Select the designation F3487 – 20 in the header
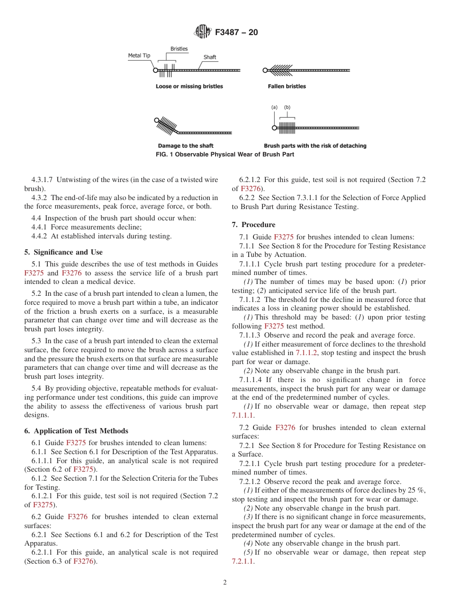click(x=236, y=33)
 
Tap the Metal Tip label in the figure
click(x=139, y=56)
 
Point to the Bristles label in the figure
click(x=179, y=49)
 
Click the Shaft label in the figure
click(x=210, y=57)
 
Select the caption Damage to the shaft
click(x=185, y=146)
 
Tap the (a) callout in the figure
click(x=274, y=107)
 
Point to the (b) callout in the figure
click(x=287, y=107)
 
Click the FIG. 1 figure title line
click(x=225, y=155)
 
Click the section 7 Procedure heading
click(x=253, y=225)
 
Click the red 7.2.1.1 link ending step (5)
click(x=243, y=561)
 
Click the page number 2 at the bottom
click(x=225, y=583)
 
